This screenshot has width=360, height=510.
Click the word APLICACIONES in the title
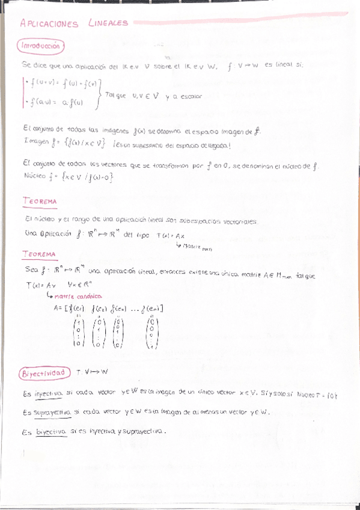(x=49, y=23)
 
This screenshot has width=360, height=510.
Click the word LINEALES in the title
(x=108, y=23)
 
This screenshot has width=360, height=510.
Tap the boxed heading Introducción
(x=40, y=46)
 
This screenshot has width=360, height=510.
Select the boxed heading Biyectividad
(x=43, y=373)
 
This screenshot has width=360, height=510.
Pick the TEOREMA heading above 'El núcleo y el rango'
(x=40, y=201)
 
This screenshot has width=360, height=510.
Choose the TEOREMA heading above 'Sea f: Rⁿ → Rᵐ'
(x=39, y=254)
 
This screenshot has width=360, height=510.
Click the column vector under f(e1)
(x=78, y=333)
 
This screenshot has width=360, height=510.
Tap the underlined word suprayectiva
(x=52, y=413)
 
